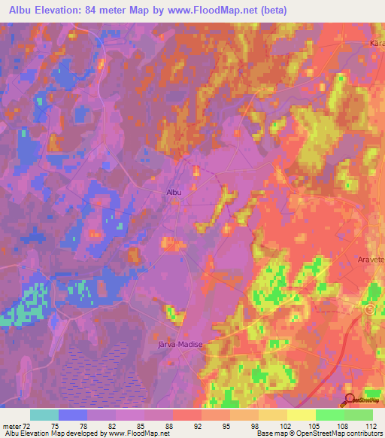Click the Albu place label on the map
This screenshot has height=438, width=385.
pyautogui.click(x=174, y=192)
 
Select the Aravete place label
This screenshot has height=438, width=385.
pyautogui.click(x=369, y=258)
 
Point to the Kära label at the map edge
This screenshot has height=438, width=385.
pyautogui.click(x=377, y=44)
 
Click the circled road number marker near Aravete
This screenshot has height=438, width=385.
pyautogui.click(x=369, y=309)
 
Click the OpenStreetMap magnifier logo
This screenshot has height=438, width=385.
pyautogui.click(x=350, y=400)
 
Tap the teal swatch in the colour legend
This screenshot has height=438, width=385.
pyautogui.click(x=44, y=415)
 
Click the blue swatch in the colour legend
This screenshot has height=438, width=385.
pyautogui.click(x=73, y=415)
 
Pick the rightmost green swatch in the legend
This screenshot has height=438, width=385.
pyautogui.click(x=359, y=415)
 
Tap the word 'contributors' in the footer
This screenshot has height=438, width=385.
pyautogui.click(x=362, y=433)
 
